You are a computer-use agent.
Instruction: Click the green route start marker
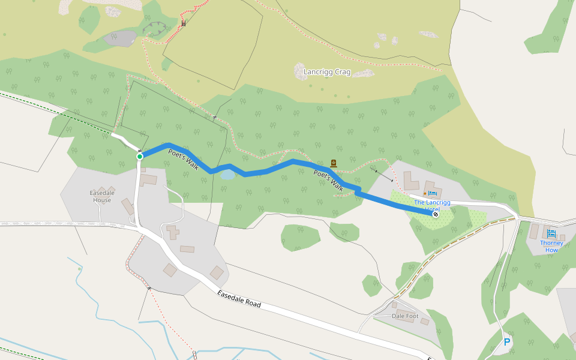click(140, 157)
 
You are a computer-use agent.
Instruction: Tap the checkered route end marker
click(435, 214)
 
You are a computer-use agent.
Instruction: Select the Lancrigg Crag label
click(327, 72)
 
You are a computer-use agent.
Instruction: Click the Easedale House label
click(101, 196)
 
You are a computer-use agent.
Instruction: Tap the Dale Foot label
click(405, 316)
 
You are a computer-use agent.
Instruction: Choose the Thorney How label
click(551, 246)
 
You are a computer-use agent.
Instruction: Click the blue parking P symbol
click(507, 342)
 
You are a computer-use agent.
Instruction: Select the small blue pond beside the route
click(227, 175)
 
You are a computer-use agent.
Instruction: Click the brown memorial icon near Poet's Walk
click(334, 163)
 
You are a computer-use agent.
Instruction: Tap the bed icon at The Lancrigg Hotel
click(432, 193)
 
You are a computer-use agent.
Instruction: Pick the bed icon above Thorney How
click(551, 233)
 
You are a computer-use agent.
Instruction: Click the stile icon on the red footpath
click(184, 24)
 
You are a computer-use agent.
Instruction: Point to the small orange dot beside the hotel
click(424, 193)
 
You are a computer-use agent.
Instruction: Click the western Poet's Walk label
click(184, 160)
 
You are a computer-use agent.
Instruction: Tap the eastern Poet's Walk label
click(328, 181)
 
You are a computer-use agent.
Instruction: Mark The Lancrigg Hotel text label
click(432, 205)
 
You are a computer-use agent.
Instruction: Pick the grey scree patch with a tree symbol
click(121, 39)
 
